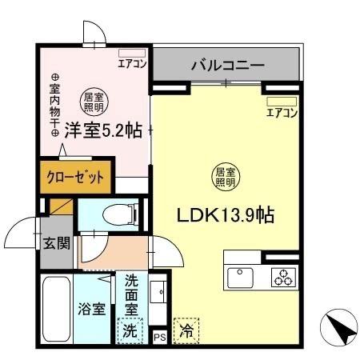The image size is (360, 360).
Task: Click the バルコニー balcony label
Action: point(226,65)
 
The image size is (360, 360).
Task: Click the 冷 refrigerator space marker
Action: point(187,329)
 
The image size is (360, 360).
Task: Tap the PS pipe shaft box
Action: point(159,335)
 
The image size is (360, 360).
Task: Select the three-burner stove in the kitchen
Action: point(282,278)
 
